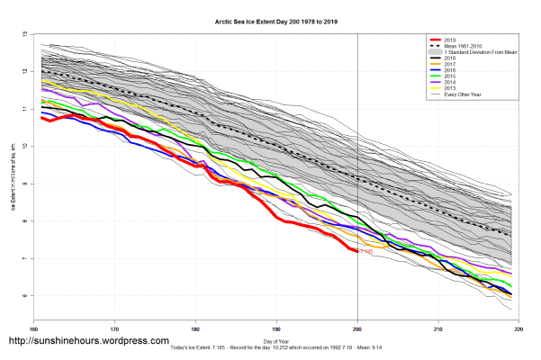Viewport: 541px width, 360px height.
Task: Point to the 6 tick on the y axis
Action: [x=24, y=295]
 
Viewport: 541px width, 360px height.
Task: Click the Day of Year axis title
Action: [x=276, y=340]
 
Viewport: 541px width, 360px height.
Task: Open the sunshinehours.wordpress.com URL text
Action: [x=88, y=342]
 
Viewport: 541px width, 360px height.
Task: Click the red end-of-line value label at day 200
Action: [x=366, y=252]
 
